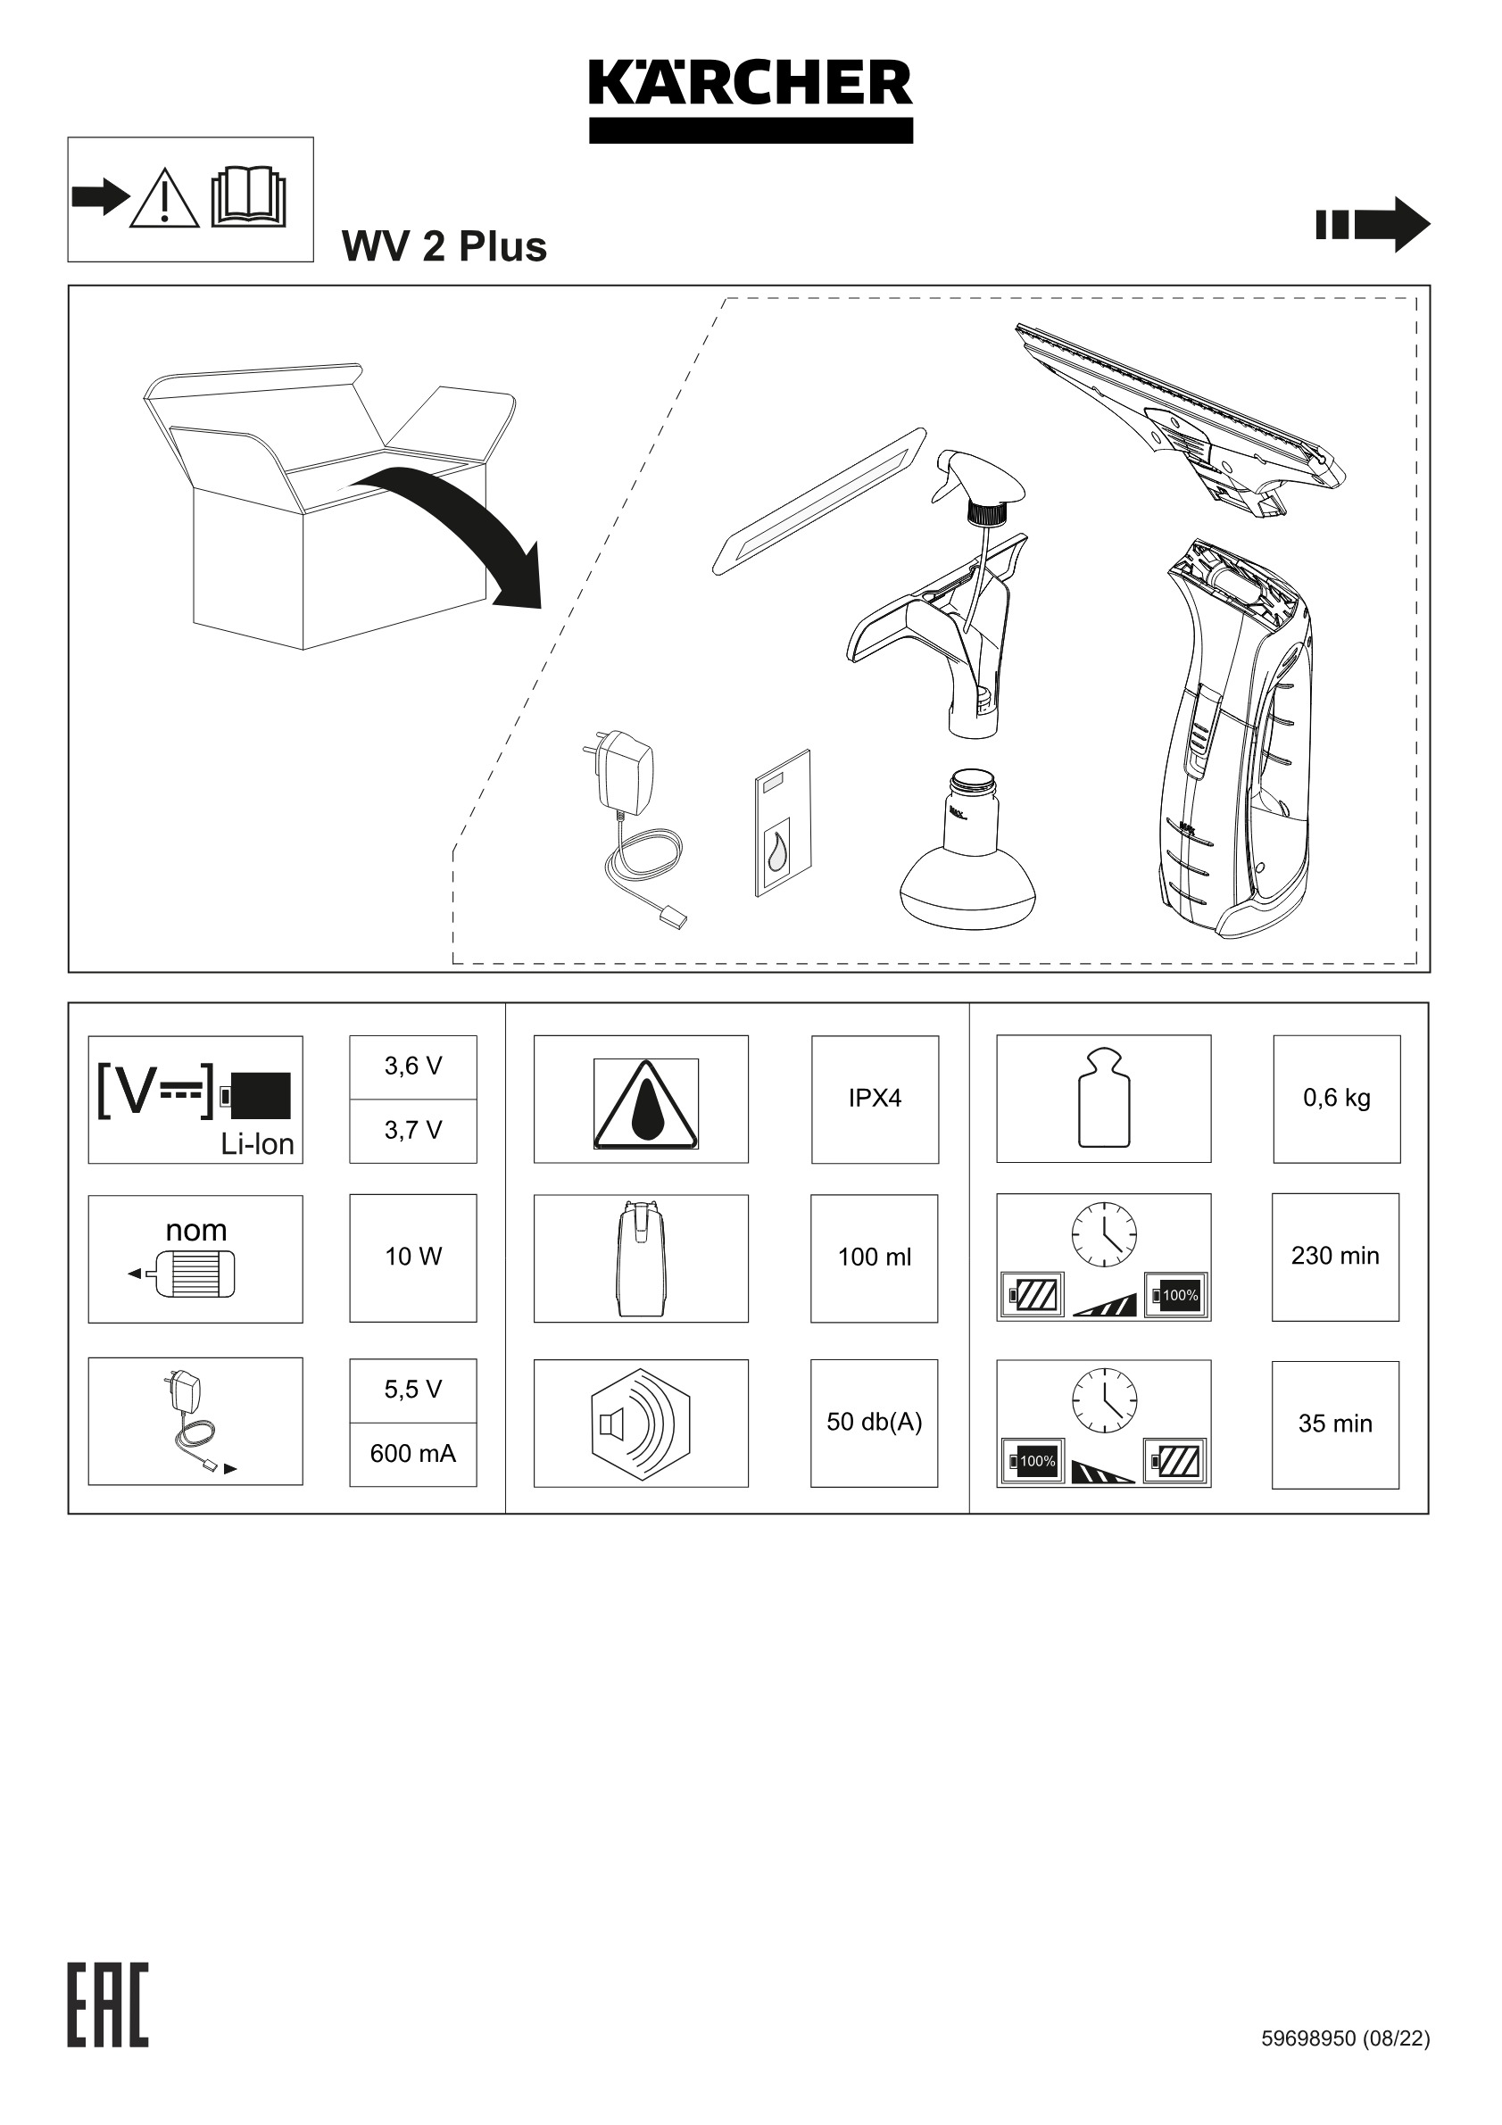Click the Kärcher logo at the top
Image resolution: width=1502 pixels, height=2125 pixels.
tap(751, 100)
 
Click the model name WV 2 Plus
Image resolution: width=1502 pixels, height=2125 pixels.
tap(444, 246)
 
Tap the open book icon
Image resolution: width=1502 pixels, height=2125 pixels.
tap(248, 197)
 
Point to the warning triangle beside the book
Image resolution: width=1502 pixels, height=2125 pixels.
tap(164, 199)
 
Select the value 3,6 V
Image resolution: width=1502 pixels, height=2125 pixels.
tap(412, 1067)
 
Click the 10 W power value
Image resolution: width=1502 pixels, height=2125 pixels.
tap(412, 1256)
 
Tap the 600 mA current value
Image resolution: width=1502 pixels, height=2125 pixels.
tap(412, 1453)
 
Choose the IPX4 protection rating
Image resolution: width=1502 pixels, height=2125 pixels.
tap(875, 1098)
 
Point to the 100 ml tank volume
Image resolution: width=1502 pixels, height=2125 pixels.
tap(874, 1257)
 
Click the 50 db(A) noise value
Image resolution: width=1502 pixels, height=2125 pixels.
tap(874, 1422)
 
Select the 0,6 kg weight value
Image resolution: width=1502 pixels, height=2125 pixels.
tap(1336, 1098)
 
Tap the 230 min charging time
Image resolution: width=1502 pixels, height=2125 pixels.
tap(1334, 1256)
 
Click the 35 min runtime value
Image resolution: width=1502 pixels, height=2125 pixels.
tap(1334, 1424)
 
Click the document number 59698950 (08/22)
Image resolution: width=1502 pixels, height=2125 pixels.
tap(1345, 2038)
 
